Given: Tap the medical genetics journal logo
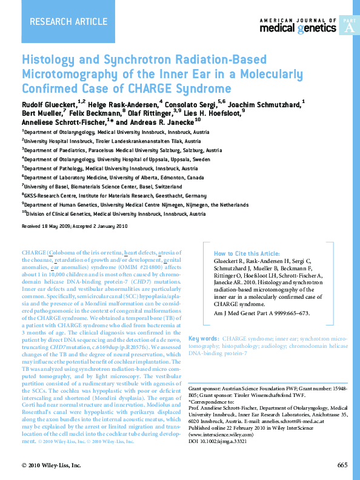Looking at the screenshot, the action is point(298,26).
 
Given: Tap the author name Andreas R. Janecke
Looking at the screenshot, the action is point(158,121).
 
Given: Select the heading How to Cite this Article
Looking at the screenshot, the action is point(247,253).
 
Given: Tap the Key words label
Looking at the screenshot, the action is point(204,338).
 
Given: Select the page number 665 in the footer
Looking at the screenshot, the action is point(342,465).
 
